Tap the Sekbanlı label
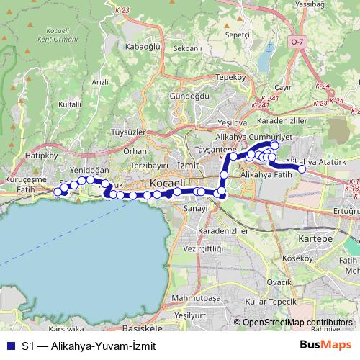[x=187, y=48]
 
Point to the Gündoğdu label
[x=189, y=96]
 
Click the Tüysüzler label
[x=129, y=133]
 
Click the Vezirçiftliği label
[x=201, y=247]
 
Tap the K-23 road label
[x=121, y=11]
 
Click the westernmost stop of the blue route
[x=58, y=192]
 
